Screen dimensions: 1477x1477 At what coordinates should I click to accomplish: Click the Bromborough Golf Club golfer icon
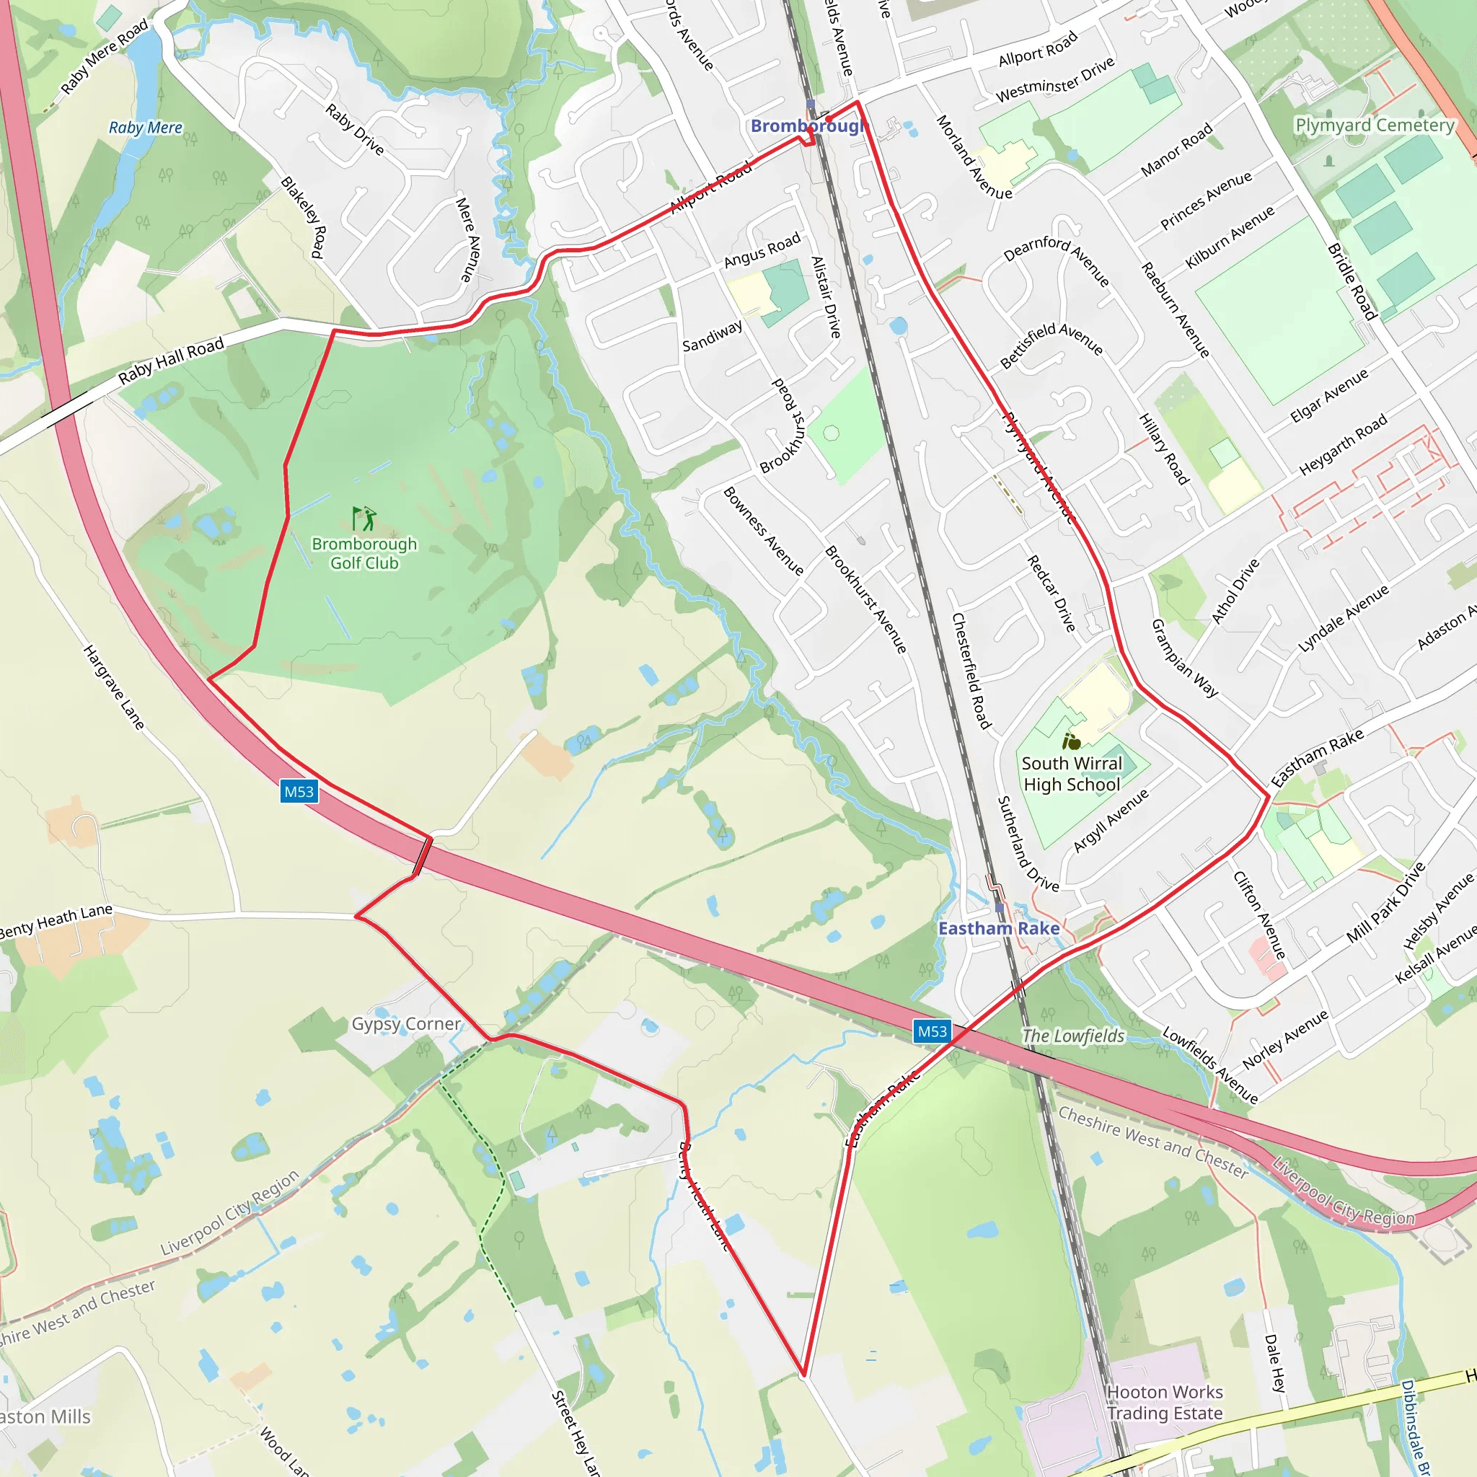(x=365, y=519)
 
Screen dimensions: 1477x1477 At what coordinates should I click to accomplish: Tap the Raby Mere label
(x=145, y=128)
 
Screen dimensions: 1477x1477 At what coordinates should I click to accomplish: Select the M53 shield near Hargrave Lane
(x=299, y=791)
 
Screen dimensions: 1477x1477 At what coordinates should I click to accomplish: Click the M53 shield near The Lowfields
(x=932, y=1031)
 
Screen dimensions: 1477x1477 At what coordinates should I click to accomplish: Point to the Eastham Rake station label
(x=998, y=928)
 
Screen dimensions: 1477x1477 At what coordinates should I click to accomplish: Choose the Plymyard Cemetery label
(x=1375, y=125)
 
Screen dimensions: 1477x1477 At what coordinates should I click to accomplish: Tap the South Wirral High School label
(x=1072, y=774)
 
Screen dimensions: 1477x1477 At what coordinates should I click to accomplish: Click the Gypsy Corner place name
(x=406, y=1023)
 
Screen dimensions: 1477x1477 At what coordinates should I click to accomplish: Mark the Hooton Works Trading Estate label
(x=1164, y=1403)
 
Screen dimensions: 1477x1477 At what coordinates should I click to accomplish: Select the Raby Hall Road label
(x=171, y=360)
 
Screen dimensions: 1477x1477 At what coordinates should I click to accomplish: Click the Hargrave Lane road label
(x=114, y=687)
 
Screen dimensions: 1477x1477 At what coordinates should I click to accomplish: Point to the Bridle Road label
(x=1352, y=281)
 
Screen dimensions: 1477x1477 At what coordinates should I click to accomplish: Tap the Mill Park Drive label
(x=1385, y=902)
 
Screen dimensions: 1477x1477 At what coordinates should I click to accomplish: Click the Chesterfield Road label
(x=971, y=670)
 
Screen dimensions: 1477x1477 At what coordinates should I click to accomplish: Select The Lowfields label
(x=1073, y=1036)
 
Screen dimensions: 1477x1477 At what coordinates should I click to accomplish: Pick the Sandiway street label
(x=713, y=336)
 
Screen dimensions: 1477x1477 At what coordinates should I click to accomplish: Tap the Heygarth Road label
(x=1343, y=445)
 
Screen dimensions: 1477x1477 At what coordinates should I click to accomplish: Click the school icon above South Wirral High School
(x=1072, y=741)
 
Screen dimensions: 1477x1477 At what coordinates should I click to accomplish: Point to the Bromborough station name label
(x=806, y=126)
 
